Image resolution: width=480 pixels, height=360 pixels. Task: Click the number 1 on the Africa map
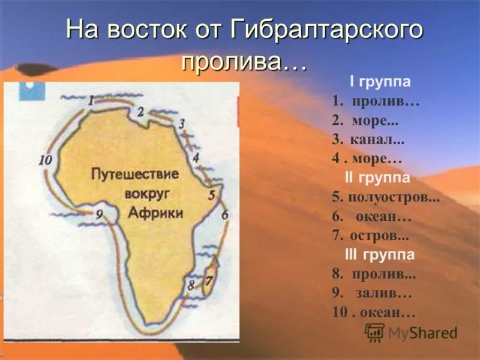click(91, 101)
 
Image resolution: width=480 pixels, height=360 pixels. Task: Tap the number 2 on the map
click(140, 111)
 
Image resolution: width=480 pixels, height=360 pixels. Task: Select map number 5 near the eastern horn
click(211, 194)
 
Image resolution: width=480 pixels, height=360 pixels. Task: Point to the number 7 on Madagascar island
click(209, 280)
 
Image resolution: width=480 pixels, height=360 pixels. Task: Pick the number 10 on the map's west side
click(45, 160)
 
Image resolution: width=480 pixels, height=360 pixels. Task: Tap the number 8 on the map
click(191, 284)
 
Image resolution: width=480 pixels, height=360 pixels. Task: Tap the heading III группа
click(380, 255)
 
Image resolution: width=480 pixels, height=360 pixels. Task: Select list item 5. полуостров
click(385, 198)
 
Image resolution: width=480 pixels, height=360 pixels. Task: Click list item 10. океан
click(373, 313)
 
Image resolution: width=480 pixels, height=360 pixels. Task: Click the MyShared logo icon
click(375, 332)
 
